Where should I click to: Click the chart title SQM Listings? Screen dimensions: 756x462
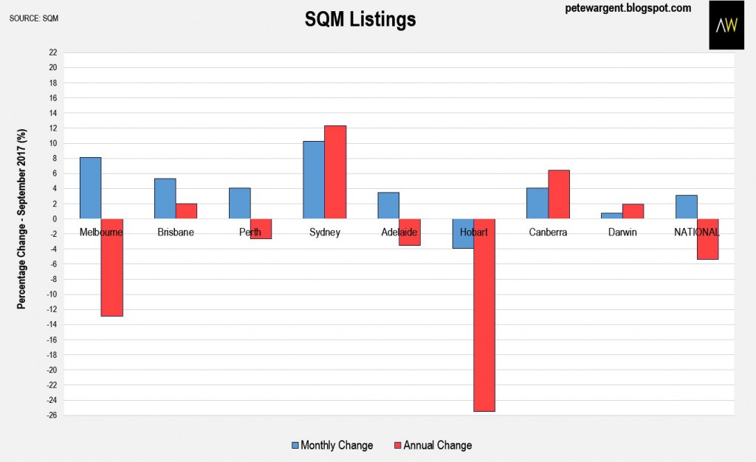(360, 19)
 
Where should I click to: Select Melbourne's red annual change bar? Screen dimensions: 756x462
(112, 267)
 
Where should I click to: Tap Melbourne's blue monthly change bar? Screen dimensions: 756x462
(91, 188)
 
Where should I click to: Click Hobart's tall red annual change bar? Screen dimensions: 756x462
(484, 315)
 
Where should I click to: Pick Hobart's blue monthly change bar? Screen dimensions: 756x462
(463, 234)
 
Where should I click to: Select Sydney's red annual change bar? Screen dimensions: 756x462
(335, 172)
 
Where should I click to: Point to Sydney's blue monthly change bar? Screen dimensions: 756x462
(314, 179)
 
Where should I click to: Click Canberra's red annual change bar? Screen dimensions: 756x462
(559, 194)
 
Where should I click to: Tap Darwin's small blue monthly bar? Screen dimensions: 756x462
(612, 216)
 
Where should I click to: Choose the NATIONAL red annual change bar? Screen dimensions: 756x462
(708, 239)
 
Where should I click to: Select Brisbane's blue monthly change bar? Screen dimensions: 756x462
(165, 199)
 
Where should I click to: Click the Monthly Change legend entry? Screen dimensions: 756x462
(332, 445)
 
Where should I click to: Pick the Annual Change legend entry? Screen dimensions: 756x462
(433, 445)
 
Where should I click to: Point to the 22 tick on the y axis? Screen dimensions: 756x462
(52, 52)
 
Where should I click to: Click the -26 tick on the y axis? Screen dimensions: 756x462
(52, 415)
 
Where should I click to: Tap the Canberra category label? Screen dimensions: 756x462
(548, 232)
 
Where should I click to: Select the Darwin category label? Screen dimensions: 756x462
(622, 232)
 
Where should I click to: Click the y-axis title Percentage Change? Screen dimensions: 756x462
(21, 218)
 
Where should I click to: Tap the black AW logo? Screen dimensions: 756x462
(726, 24)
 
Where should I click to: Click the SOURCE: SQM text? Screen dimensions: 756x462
(34, 18)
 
